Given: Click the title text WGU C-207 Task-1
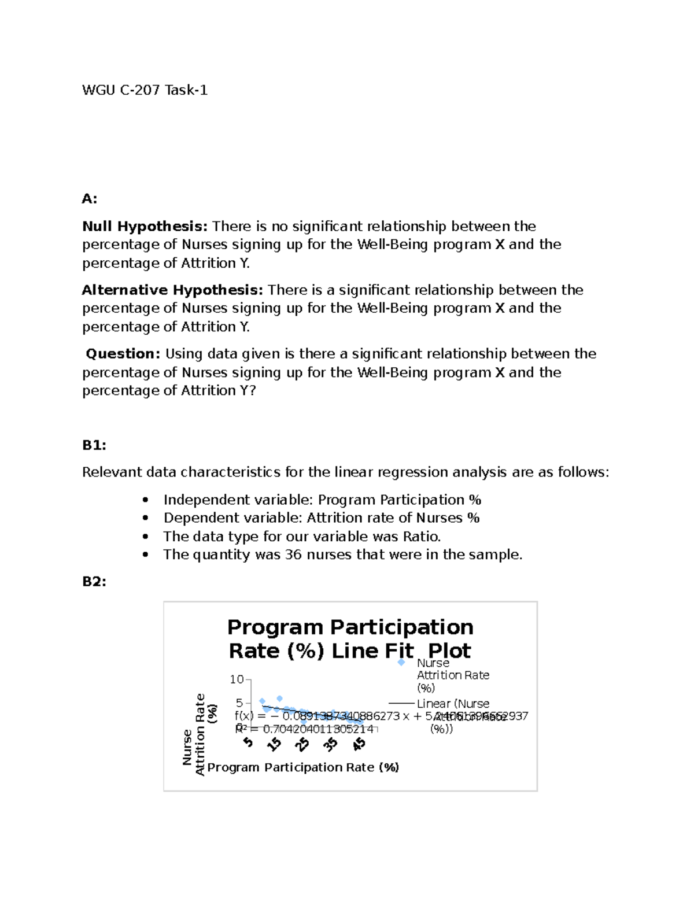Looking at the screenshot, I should pyautogui.click(x=145, y=90).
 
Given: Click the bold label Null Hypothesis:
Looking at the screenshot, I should pyautogui.click(x=145, y=226).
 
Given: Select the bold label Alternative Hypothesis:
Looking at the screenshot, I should pyautogui.click(x=172, y=290).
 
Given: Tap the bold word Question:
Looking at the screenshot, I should pyautogui.click(x=123, y=353).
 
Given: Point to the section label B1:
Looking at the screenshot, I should pyautogui.click(x=94, y=445).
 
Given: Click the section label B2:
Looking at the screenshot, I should pyautogui.click(x=94, y=582).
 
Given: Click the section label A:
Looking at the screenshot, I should pyautogui.click(x=90, y=199).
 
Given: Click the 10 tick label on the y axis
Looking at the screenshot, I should pyautogui.click(x=237, y=679).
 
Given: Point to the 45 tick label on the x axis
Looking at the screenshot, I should pyautogui.click(x=359, y=744).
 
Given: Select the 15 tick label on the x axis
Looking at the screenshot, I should pyautogui.click(x=275, y=744).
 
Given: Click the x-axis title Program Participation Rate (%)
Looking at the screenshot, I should pyautogui.click(x=303, y=767).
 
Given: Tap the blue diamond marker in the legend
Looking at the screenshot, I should pyautogui.click(x=401, y=663).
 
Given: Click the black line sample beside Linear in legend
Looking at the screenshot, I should pyautogui.click(x=401, y=704).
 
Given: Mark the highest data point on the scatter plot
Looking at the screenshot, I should pyautogui.click(x=279, y=699).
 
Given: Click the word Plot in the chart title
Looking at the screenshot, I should pyautogui.click(x=449, y=651).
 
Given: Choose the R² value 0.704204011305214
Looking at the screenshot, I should pyautogui.click(x=318, y=729).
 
